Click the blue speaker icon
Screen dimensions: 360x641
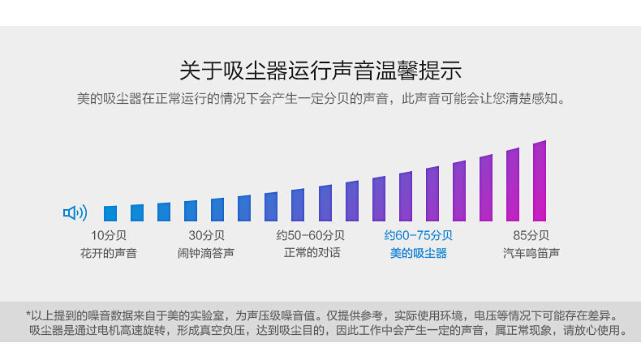click(x=75, y=213)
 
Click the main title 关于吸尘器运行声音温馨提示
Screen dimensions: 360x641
click(x=320, y=70)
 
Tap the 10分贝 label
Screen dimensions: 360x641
click(x=109, y=236)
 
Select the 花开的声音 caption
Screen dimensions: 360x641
click(x=109, y=254)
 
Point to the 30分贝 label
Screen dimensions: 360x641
click(x=206, y=236)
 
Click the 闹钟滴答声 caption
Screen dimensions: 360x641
click(x=206, y=254)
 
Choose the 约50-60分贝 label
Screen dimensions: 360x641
click(x=310, y=236)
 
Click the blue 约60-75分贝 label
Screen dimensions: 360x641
click(x=418, y=236)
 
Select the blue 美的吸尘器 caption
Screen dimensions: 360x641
click(x=418, y=254)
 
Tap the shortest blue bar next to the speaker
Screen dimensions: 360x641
click(x=110, y=213)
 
